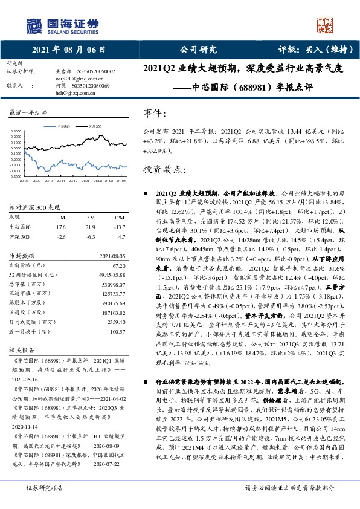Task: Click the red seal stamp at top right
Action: [x=326, y=24]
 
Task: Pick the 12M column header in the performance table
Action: [x=119, y=217]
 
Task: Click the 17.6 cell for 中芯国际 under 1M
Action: [x=60, y=227]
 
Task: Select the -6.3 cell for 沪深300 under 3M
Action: [x=90, y=237]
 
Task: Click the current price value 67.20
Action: [x=118, y=265]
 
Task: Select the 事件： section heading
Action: [x=155, y=114]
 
